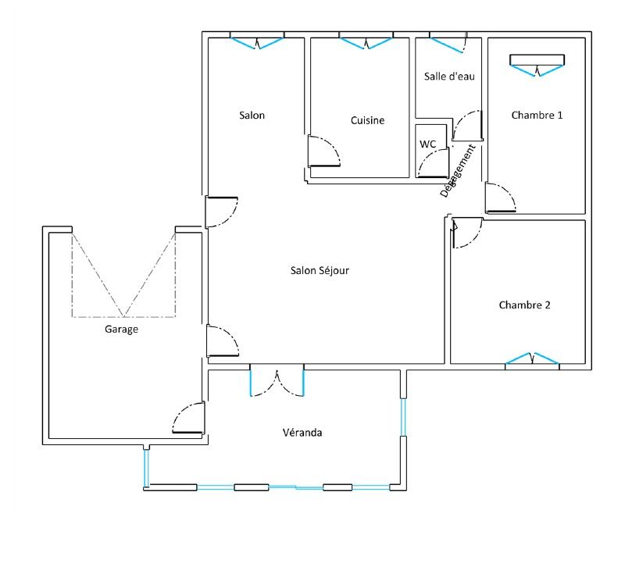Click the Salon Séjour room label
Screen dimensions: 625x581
click(x=320, y=270)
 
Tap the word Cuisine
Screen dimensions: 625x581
click(x=367, y=120)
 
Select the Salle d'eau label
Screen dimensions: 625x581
click(x=449, y=76)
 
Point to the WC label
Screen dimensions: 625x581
click(x=427, y=144)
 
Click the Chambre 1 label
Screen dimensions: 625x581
click(x=537, y=115)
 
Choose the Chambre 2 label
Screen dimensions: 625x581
click(x=524, y=305)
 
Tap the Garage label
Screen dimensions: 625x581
click(x=121, y=329)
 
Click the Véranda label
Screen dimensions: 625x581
click(x=302, y=433)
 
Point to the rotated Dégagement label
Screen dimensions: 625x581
click(x=458, y=171)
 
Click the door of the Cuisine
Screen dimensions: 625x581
click(x=323, y=151)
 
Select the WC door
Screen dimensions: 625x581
click(x=433, y=163)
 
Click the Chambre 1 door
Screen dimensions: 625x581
click(x=501, y=198)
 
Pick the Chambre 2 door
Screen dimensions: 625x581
click(x=466, y=233)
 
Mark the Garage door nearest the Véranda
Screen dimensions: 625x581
click(x=188, y=418)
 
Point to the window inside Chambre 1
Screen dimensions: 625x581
click(x=537, y=65)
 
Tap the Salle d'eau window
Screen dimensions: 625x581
click(x=448, y=43)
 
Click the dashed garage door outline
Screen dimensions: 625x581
click(x=124, y=275)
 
